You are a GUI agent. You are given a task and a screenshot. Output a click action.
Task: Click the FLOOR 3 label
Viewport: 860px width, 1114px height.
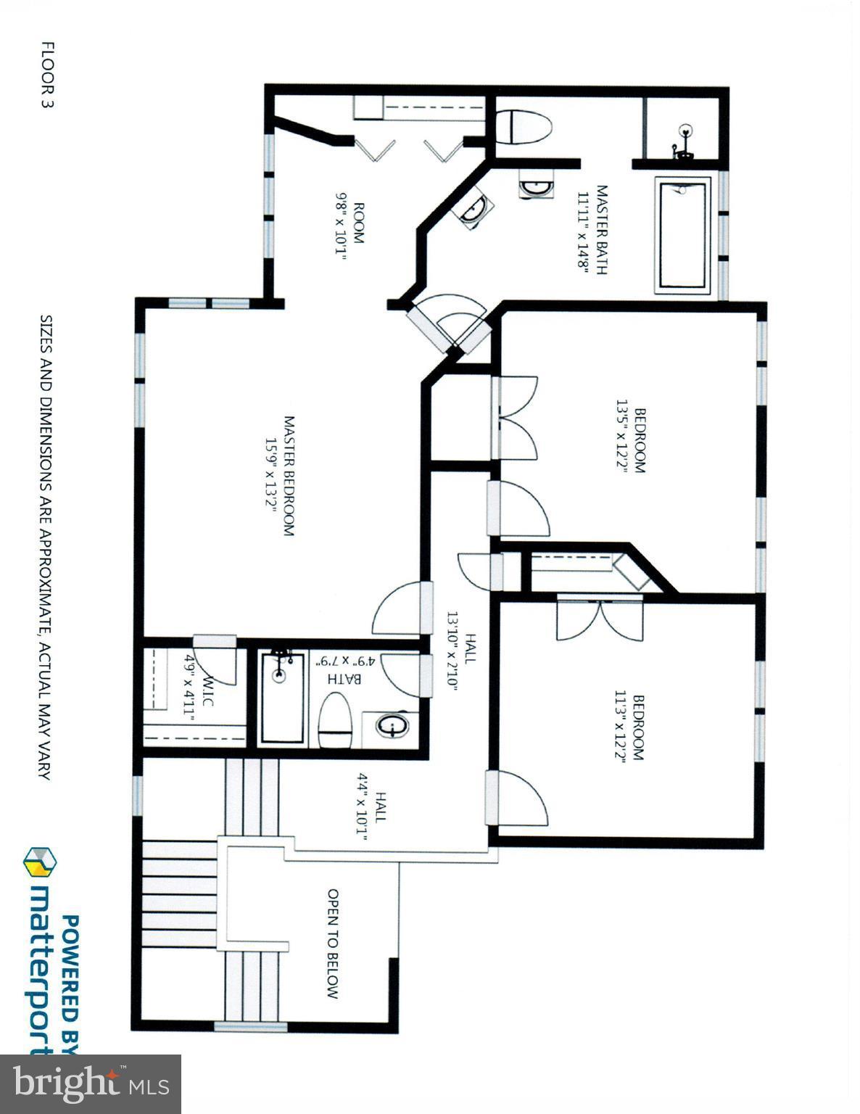point(48,75)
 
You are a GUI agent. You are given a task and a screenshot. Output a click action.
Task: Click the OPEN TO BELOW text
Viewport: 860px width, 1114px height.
point(333,944)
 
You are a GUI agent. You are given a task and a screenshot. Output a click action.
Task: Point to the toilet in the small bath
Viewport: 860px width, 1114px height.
point(335,720)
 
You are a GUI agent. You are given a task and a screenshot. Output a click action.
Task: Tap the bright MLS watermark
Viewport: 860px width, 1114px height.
point(91,1084)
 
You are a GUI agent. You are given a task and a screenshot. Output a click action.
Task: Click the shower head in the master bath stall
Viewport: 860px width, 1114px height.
point(684,132)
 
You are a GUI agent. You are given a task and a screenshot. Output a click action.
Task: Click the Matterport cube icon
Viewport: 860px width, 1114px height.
point(41,861)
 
